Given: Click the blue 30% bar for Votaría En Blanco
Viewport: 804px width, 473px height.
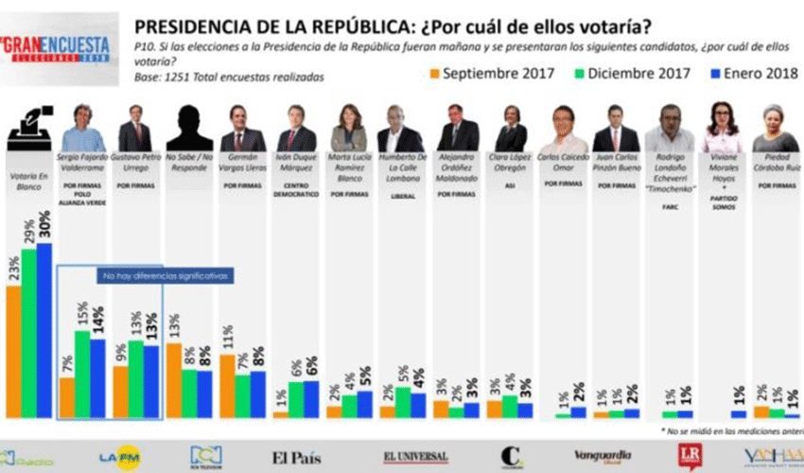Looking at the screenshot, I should (x=44, y=331).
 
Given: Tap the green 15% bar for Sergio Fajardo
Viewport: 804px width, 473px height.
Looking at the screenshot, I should (x=82, y=374).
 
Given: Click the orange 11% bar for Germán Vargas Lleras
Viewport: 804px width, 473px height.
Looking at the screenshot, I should (x=227, y=386).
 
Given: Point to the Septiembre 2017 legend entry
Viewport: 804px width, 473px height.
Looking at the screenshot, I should (x=483, y=72).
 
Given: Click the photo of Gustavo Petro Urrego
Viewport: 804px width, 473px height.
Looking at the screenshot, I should (x=134, y=129).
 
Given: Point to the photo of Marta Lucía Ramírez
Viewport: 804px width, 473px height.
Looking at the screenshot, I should (x=349, y=129).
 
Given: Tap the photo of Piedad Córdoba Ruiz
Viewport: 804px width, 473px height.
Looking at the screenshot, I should (x=775, y=129).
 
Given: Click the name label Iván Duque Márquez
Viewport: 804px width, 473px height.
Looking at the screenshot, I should (x=295, y=162).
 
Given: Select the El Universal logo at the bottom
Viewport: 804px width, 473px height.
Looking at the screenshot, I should (x=415, y=458).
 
